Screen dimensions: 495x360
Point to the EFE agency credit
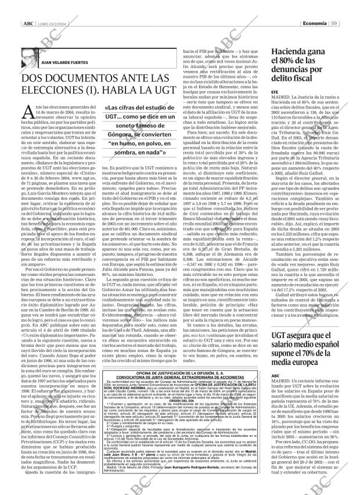(x=275, y=92)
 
